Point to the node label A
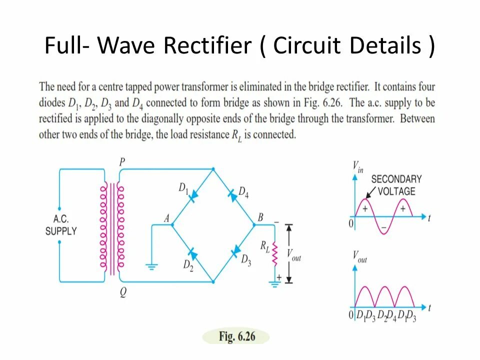(x=166, y=218)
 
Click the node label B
(x=260, y=217)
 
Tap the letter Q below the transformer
(x=122, y=293)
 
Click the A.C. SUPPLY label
(x=61, y=225)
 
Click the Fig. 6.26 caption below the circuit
(x=236, y=336)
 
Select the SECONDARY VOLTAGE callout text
(x=396, y=185)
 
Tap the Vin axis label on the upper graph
(x=357, y=166)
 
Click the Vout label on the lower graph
(x=359, y=257)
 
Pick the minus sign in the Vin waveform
(x=383, y=227)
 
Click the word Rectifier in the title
(x=207, y=46)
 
